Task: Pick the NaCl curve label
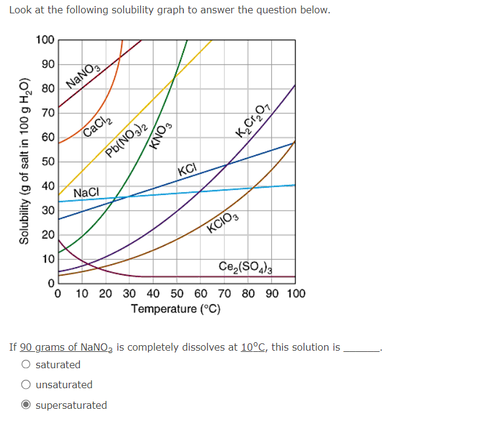coord(86,193)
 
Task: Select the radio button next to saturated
coord(26,365)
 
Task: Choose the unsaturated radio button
coord(26,385)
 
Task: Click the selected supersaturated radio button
coord(26,405)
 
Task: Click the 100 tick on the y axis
coord(45,41)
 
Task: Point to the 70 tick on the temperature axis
coord(225,294)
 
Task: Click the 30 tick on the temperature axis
coord(130,294)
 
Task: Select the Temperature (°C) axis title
coord(176,309)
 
